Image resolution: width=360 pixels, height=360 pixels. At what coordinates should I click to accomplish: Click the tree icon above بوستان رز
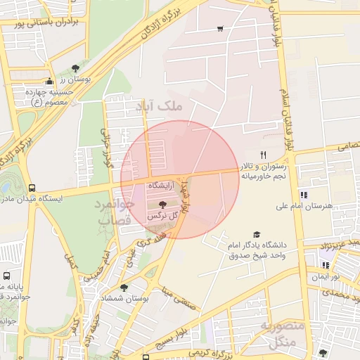[75, 67]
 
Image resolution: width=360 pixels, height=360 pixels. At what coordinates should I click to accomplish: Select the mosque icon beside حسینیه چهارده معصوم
[49, 82]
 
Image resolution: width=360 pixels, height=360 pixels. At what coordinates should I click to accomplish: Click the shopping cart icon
[221, 29]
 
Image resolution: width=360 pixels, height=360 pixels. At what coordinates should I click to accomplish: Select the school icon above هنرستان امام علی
[304, 195]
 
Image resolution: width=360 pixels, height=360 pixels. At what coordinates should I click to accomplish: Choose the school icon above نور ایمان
[325, 265]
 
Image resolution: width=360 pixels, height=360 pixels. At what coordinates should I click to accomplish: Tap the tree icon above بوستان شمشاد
[124, 288]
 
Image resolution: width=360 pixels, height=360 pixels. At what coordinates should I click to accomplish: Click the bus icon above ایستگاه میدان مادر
[32, 188]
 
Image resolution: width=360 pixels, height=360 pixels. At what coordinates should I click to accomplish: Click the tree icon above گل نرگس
[163, 203]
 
